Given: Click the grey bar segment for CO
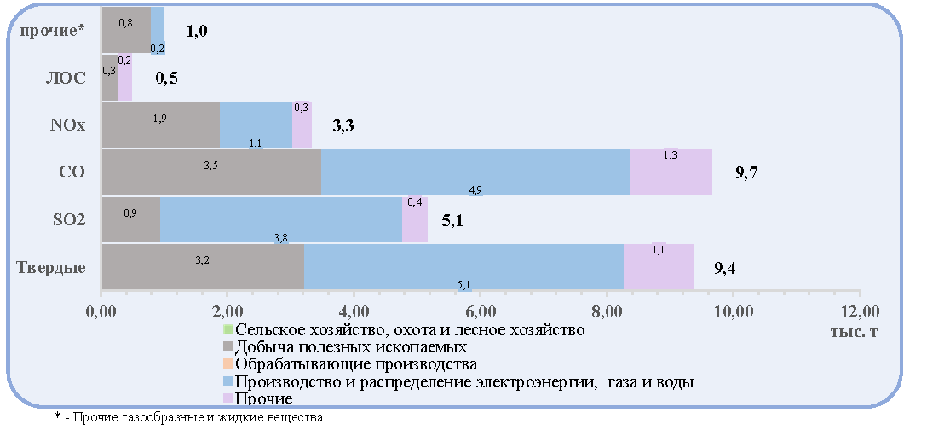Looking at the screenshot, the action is pos(211,171).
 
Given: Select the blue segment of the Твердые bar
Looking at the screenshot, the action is pos(464,266).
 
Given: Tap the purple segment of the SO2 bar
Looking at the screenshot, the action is pos(415,219).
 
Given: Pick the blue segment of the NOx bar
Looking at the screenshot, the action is pos(256,125).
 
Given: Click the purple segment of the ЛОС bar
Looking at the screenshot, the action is pos(125,78).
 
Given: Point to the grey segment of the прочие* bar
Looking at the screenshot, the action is pos(126,30).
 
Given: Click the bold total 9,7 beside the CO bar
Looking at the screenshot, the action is pos(746,173).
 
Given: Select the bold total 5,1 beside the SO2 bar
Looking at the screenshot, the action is pos(453,221).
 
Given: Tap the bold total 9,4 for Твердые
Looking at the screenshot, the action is pos(725,268).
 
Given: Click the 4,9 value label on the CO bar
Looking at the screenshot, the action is pos(476,190).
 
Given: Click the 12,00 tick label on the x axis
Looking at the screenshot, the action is pos(860,312).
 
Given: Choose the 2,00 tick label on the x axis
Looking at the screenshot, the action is pos(227,312).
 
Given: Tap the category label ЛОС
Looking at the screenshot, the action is pos(66,78).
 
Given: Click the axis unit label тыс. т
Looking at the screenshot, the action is pos(855,332).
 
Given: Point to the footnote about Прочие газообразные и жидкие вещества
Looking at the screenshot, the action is pos(188,417).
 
